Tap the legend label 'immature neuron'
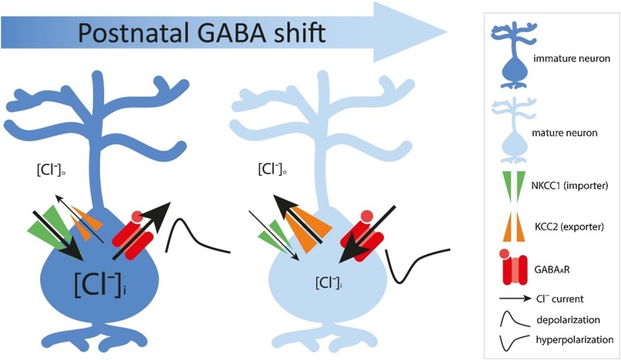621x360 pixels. click(571, 59)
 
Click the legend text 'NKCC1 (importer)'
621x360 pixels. click(571, 185)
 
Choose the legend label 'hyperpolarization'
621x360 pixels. click(572, 340)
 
